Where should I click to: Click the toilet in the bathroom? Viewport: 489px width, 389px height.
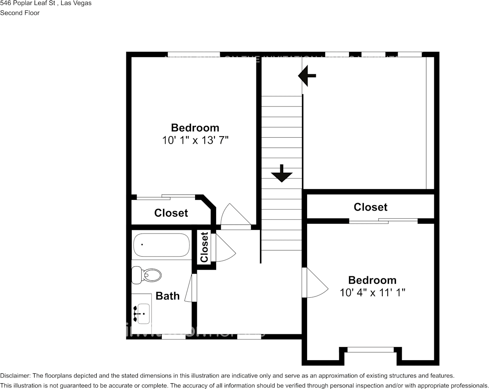point(147,275)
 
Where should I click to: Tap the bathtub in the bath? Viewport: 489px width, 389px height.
point(161,245)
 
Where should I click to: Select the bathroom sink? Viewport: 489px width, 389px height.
point(142,313)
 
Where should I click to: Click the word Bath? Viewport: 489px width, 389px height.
point(168,296)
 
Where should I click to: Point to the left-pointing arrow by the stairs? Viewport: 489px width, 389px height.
point(307,76)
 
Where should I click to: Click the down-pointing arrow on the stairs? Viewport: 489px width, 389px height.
point(282,173)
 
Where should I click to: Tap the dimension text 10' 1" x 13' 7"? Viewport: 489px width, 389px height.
point(195,140)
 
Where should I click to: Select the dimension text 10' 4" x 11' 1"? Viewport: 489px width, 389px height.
point(373,292)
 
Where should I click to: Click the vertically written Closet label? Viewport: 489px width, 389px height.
point(205,247)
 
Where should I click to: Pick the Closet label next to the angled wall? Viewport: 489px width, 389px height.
point(171,213)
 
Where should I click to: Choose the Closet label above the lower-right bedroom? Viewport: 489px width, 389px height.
point(370,207)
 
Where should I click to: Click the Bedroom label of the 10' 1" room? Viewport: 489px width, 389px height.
point(195,127)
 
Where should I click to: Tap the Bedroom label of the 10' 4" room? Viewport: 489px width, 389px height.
point(373,280)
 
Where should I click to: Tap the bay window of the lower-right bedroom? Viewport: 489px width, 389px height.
point(370,350)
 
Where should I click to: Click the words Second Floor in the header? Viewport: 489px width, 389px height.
point(20,13)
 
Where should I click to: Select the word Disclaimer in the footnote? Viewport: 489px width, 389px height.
point(14,375)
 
